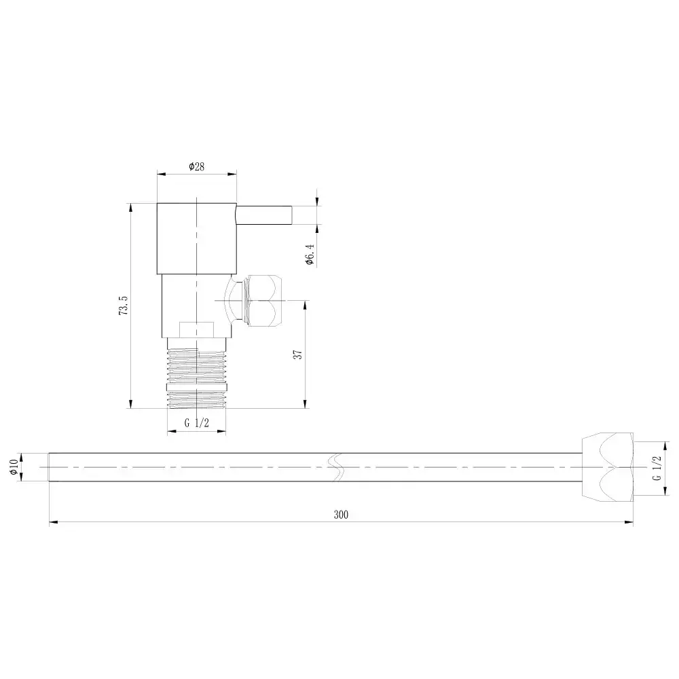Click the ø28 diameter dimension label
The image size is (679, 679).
point(197,166)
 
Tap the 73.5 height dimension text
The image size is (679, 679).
point(124,306)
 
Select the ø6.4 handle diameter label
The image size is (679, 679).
point(310,254)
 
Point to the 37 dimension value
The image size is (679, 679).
point(298,354)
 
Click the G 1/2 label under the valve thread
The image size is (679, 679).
point(197,423)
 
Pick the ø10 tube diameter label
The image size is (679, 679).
point(14,467)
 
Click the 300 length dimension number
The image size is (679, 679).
point(342,515)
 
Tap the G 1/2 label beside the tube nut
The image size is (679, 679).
point(657,468)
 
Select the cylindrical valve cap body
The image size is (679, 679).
point(197,238)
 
